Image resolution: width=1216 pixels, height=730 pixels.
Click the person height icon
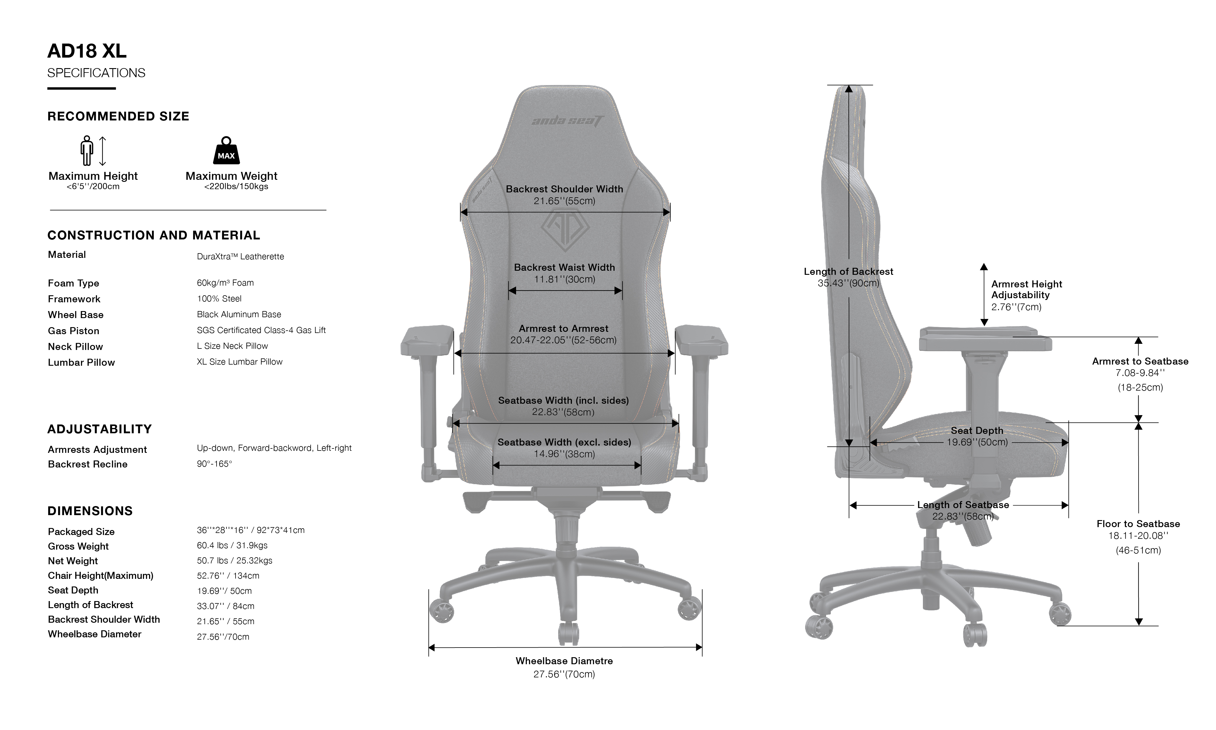tap(87, 151)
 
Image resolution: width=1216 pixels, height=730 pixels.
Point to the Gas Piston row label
tap(73, 331)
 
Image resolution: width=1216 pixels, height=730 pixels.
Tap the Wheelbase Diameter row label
tap(94, 634)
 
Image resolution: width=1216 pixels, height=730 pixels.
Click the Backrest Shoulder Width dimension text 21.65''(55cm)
tap(564, 201)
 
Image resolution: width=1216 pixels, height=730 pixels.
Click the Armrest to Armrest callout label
tap(563, 328)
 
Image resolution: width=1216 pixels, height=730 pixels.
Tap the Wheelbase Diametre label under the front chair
tap(564, 661)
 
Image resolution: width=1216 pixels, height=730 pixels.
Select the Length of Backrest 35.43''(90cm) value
tap(848, 283)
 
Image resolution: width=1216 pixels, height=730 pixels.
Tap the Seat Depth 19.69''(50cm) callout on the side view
tap(977, 442)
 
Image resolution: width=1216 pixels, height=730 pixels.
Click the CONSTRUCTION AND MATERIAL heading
tap(153, 235)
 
